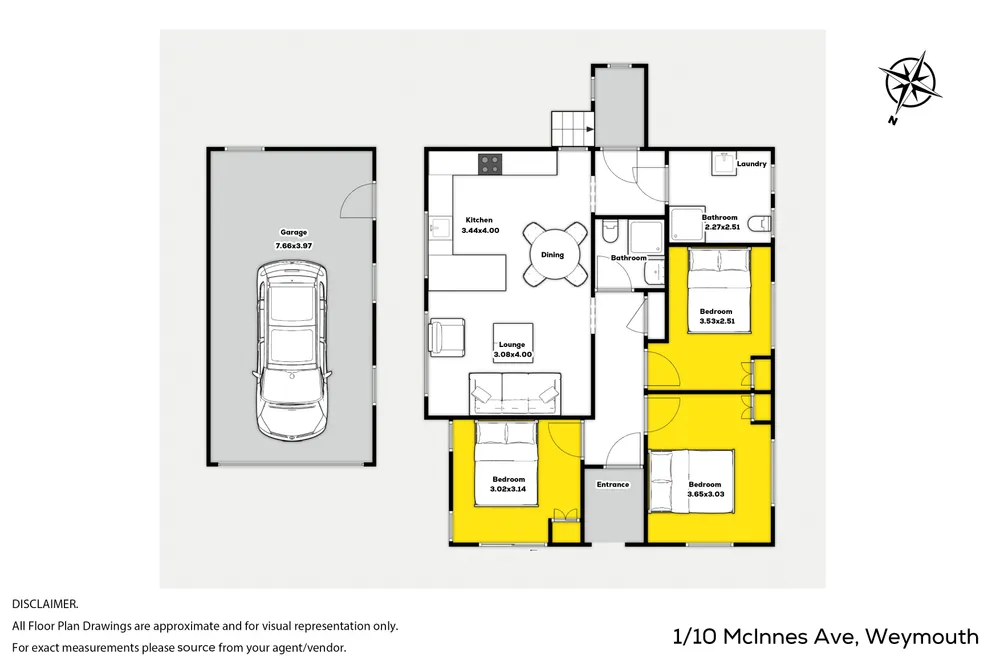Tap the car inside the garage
click(293, 351)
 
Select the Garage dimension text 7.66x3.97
click(293, 246)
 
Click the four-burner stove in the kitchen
click(490, 164)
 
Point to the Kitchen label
click(479, 220)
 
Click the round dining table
click(552, 255)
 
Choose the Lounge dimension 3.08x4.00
click(513, 355)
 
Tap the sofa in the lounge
click(515, 394)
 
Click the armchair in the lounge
click(446, 336)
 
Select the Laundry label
click(751, 164)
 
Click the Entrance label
click(613, 485)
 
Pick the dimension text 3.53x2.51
click(717, 321)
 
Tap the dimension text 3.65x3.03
click(706, 494)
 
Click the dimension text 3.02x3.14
click(508, 489)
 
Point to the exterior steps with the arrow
click(573, 129)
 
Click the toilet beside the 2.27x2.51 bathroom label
click(760, 224)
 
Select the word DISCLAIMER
click(45, 603)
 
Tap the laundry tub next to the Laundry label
click(724, 164)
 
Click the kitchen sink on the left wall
click(439, 227)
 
